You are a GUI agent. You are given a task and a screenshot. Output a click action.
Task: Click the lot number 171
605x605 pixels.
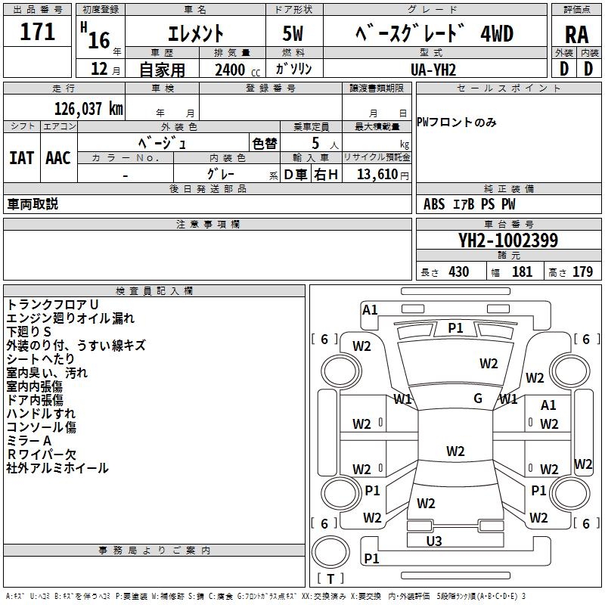pos(38,33)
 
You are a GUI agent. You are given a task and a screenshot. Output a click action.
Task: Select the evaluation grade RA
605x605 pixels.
pos(576,34)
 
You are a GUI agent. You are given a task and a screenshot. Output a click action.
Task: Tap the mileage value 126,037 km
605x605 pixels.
pos(88,108)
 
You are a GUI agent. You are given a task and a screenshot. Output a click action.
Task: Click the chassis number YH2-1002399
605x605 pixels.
pos(508,241)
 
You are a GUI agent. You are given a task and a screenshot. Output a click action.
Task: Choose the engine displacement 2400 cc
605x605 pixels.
pos(230,70)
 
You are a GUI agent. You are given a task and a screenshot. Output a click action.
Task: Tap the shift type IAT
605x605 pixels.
pos(21,158)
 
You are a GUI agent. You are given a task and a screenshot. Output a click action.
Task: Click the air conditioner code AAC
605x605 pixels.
pos(57,158)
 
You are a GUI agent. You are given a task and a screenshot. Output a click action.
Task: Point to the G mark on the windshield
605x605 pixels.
pos(478,399)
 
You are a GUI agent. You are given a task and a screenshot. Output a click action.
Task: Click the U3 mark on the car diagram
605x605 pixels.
pos(434,541)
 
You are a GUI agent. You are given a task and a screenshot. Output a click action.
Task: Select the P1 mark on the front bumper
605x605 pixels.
pos(455,327)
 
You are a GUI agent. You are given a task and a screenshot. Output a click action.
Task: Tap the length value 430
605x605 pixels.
pos(458,272)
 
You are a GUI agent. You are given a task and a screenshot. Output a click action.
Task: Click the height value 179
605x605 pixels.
pos(582,272)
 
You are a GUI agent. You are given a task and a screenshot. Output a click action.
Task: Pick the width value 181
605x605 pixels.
pos(522,272)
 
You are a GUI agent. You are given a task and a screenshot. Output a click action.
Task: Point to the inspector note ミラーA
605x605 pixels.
pos(29,440)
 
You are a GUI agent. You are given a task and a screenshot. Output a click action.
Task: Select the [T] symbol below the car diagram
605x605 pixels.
pos(330,579)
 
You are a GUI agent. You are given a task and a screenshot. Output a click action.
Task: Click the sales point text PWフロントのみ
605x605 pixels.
pos(457,123)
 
